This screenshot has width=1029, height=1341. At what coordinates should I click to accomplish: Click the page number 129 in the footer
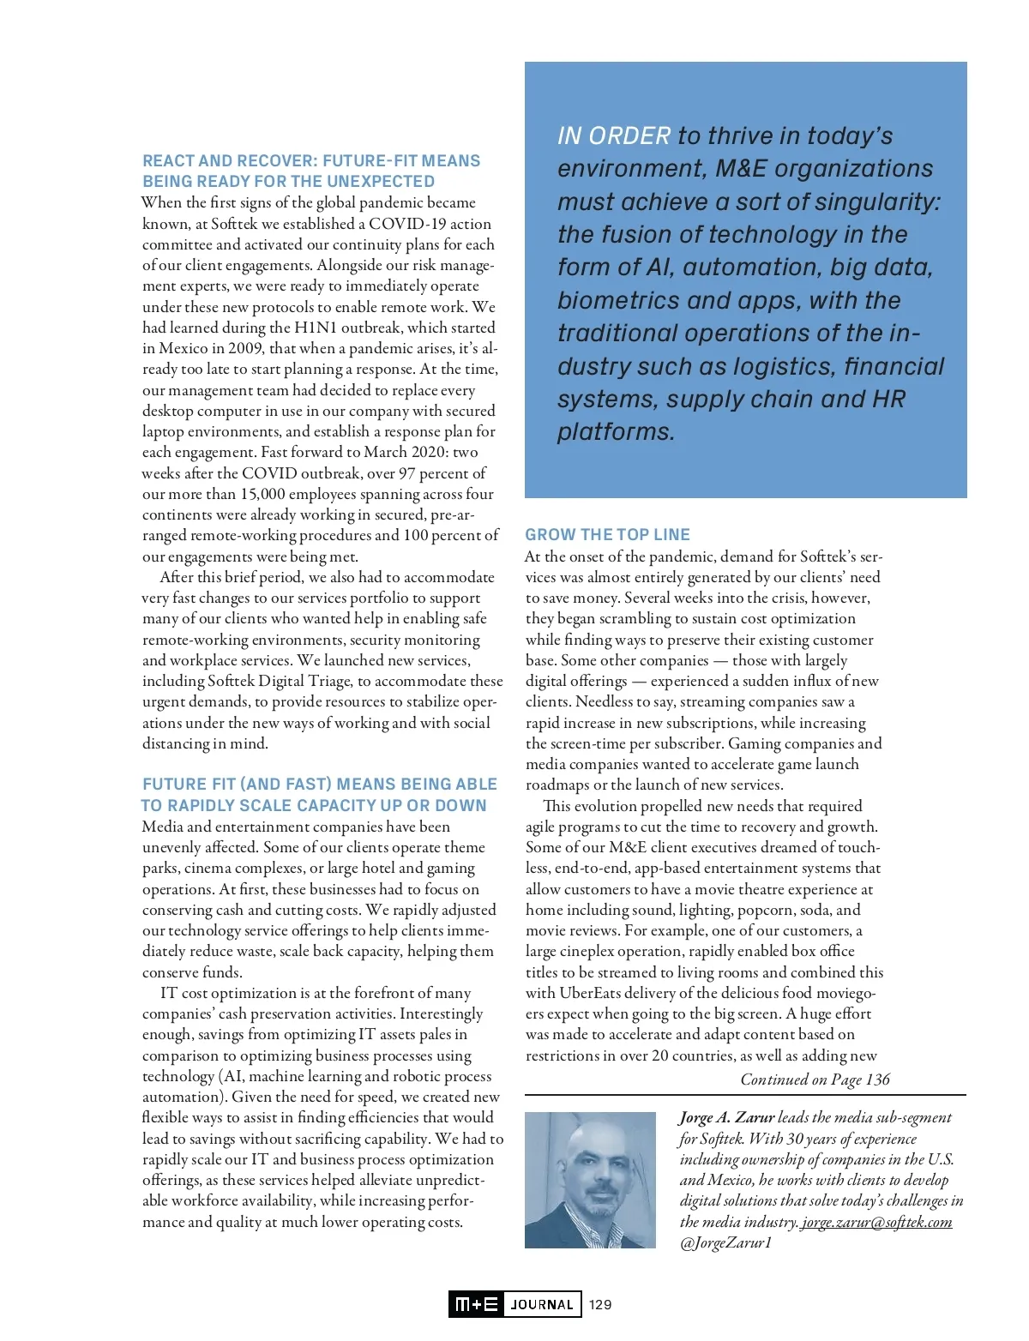(600, 1304)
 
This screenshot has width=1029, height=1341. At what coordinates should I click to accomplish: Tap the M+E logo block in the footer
(477, 1304)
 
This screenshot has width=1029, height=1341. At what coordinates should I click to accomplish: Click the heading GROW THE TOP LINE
(607, 534)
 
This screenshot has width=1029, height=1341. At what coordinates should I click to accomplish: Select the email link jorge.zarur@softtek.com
(876, 1222)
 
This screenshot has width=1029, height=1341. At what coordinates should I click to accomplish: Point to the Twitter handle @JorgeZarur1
(725, 1242)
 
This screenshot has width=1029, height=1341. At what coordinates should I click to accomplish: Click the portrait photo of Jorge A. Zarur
(590, 1180)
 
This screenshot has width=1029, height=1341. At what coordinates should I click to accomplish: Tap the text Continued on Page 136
(815, 1079)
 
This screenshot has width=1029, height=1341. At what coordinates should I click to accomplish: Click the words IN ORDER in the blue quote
(614, 135)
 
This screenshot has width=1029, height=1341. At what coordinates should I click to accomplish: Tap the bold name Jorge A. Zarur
(726, 1117)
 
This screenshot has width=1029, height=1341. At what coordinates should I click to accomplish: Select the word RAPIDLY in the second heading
(200, 805)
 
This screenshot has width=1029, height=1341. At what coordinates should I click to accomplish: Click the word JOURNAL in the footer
(542, 1304)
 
